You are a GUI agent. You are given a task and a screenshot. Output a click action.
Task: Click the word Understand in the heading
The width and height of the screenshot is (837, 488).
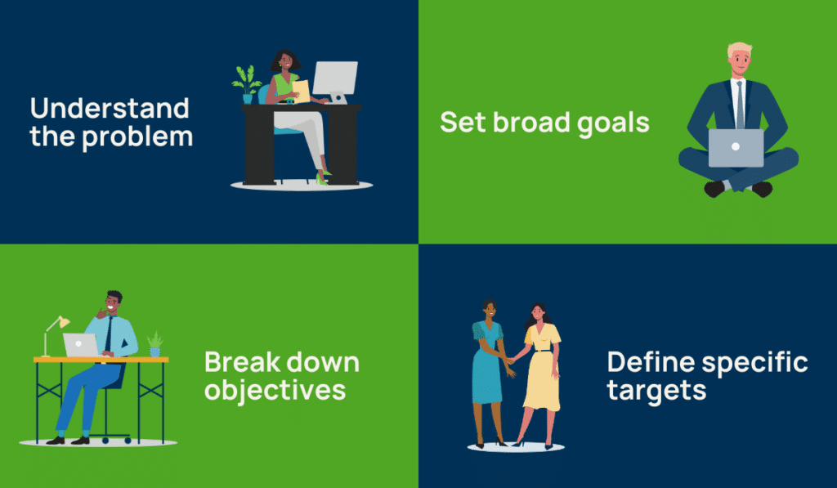click(110, 109)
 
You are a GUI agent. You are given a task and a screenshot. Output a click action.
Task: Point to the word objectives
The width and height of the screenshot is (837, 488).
click(275, 390)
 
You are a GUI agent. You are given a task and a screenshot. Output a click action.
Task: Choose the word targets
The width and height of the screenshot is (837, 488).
click(656, 391)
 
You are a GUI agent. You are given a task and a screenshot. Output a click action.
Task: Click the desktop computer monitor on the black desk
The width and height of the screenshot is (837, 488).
click(334, 80)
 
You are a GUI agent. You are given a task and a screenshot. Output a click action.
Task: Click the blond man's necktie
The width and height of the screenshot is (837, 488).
click(739, 103)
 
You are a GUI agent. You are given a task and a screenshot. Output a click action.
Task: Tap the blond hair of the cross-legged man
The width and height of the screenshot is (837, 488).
click(740, 50)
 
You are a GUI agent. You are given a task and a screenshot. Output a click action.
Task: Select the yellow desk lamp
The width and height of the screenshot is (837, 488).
click(56, 328)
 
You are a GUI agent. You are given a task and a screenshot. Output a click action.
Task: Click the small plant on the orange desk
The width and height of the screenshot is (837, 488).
click(154, 343)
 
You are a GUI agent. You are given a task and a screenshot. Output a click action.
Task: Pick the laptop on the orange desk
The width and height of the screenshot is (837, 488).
click(81, 346)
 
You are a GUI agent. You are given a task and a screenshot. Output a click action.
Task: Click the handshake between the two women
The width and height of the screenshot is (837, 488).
click(509, 360)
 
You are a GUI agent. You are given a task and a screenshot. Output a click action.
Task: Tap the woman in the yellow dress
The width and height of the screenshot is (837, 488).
click(540, 368)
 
